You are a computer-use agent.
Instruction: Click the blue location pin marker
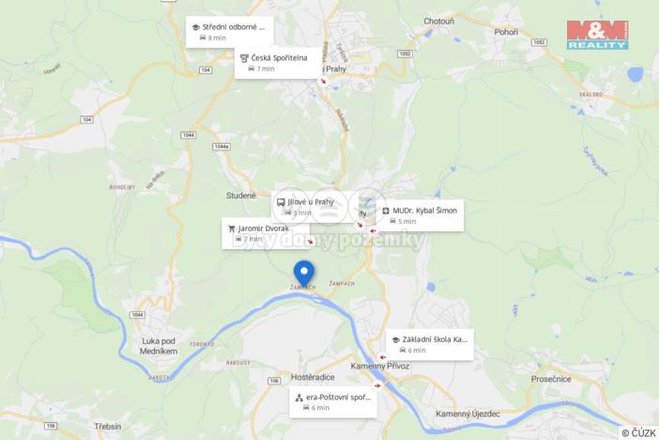click(304, 274)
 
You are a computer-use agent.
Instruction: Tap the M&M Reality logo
click(597, 35)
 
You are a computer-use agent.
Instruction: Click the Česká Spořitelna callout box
click(270, 63)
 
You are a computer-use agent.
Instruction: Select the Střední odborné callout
click(230, 32)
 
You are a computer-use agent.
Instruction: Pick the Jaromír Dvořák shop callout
click(265, 233)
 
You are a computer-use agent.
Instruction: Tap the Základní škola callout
click(429, 344)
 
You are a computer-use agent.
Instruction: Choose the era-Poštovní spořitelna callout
click(332, 402)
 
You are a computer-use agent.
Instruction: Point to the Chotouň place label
click(439, 20)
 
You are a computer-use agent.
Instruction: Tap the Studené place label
click(240, 196)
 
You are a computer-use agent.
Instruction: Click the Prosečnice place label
click(551, 378)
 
